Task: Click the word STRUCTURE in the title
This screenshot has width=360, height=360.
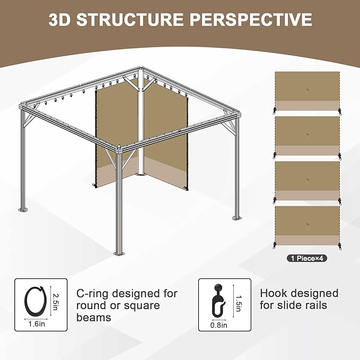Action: (130, 19)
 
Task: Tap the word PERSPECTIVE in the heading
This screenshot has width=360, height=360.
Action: (251, 19)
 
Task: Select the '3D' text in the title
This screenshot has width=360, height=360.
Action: (59, 19)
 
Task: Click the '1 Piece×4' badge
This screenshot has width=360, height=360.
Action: (307, 258)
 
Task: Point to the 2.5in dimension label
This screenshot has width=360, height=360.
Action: (55, 302)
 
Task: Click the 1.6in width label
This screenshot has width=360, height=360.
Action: (37, 324)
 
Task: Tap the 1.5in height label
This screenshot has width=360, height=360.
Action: (239, 303)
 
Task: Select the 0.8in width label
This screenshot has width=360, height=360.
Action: (218, 325)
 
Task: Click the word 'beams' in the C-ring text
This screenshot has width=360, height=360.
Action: (94, 318)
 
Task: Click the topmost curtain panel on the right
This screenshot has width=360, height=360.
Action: (307, 91)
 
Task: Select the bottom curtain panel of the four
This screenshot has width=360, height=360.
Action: (307, 226)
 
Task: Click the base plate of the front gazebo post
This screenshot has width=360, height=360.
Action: (119, 254)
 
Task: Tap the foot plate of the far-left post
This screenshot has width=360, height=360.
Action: (23, 210)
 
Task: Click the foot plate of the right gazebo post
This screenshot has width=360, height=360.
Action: (238, 218)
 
